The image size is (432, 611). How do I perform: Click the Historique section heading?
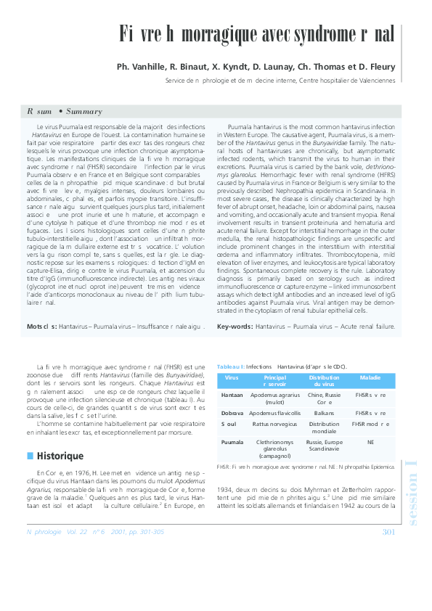(60, 456)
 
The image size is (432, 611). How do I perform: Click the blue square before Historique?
(30, 456)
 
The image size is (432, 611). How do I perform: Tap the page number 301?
(388, 533)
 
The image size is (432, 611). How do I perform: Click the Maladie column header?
(370, 378)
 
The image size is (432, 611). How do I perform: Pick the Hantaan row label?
(232, 395)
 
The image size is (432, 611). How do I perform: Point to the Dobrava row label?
(232, 412)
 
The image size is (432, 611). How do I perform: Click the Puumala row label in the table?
(232, 440)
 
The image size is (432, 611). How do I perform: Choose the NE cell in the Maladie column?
(370, 440)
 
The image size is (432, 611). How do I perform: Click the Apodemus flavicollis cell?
(274, 412)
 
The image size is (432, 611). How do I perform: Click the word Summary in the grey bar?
(83, 112)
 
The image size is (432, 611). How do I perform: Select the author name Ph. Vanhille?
(139, 67)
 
